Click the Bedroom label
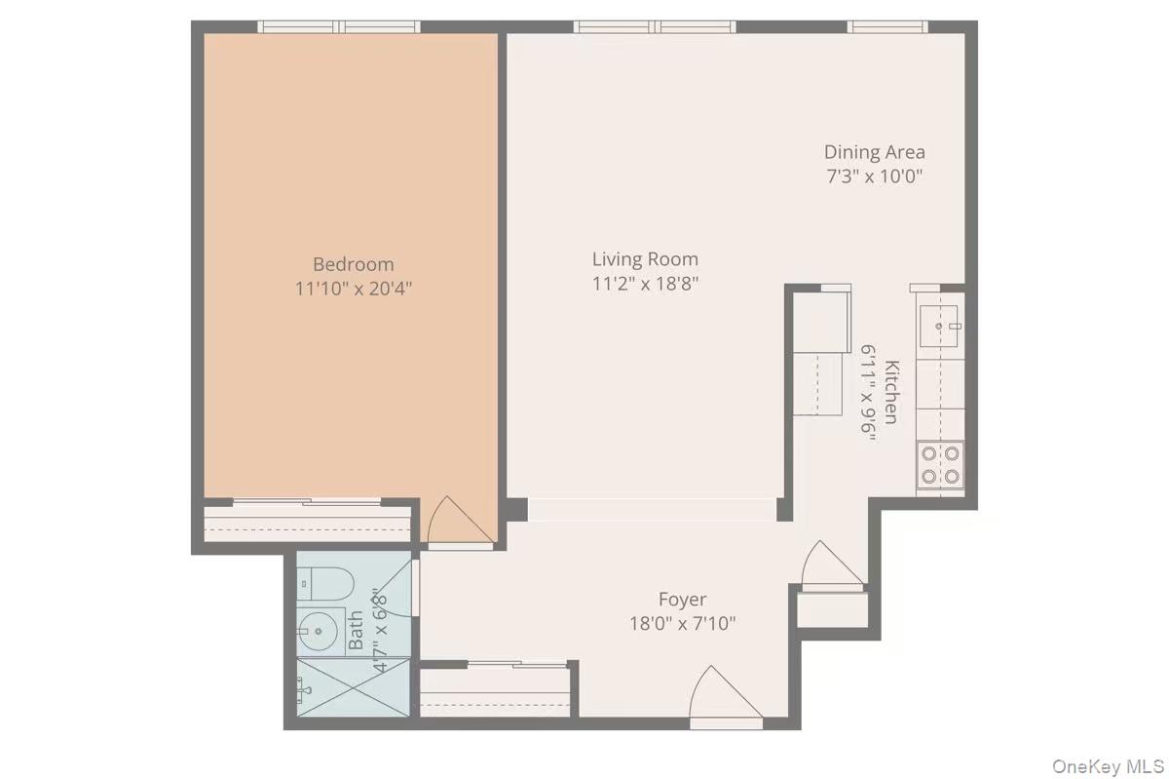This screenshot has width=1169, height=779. point(354,264)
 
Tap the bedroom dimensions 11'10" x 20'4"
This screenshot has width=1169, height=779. point(354,289)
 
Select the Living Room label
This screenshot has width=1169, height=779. point(645,259)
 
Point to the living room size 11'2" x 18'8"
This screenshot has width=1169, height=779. point(645,284)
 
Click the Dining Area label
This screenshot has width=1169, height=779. point(874,152)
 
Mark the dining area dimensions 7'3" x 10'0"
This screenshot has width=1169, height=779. point(874,176)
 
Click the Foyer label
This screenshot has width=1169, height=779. point(682,600)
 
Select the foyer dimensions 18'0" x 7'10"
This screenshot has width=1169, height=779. point(682,623)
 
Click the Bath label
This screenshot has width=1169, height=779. point(356,630)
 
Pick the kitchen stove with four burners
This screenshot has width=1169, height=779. point(940,464)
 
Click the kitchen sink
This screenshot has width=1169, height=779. point(939,321)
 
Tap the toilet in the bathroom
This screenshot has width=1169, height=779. point(324,583)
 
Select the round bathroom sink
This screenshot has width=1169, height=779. point(319,631)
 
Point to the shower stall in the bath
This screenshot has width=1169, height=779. point(353,688)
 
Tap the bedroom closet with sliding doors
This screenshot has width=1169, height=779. point(308,522)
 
